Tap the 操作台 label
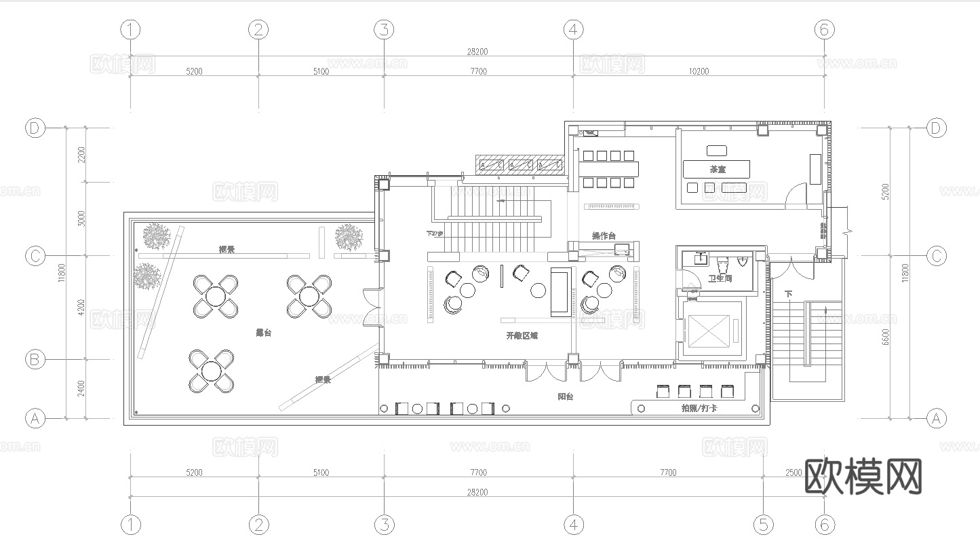(x=603, y=236)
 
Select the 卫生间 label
(x=720, y=278)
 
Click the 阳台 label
(x=565, y=396)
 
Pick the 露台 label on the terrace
(x=263, y=333)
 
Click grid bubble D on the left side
(x=35, y=128)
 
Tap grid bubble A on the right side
(x=937, y=418)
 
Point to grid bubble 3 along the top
(x=384, y=29)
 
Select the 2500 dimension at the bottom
(x=794, y=472)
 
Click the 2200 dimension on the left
(x=81, y=155)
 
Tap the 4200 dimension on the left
(x=81, y=308)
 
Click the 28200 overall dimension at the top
(x=477, y=52)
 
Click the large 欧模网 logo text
(x=863, y=477)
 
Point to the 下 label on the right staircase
(x=788, y=294)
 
